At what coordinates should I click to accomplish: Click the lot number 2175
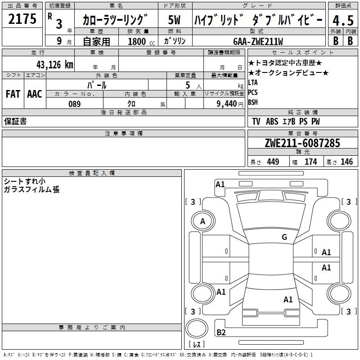point(22,19)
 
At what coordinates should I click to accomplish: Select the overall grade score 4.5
point(343,20)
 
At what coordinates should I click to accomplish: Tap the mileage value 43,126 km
point(54,65)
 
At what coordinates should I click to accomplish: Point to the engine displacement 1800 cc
point(141,41)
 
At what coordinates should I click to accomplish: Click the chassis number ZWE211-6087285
point(302,143)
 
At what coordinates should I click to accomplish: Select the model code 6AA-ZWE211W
point(258,41)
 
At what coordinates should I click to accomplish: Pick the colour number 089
point(75,104)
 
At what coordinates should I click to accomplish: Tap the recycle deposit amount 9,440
point(227,104)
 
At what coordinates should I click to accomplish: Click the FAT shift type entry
point(13,94)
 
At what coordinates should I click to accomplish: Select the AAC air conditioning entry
point(35,94)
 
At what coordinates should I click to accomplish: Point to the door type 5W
point(174,20)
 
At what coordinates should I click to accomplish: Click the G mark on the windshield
point(284,237)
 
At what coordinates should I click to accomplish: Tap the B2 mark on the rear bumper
point(221,332)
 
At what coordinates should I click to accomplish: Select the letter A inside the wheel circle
point(202,221)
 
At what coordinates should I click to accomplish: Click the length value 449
point(273,162)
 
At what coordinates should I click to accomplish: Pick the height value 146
point(346,162)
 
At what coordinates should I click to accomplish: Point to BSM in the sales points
point(253,102)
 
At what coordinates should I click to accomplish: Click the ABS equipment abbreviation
point(272,121)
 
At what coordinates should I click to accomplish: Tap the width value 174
point(310,162)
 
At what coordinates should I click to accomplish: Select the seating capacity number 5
point(188,85)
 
